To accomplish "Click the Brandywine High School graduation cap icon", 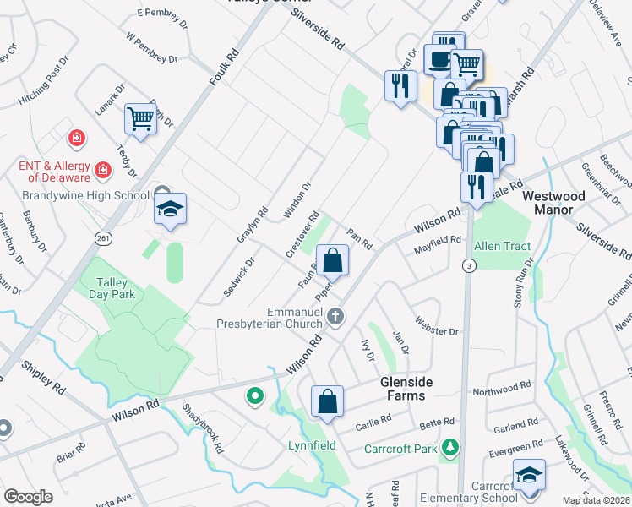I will pyautogui.click(x=170, y=208).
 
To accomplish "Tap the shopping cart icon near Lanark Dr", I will pyautogui.click(x=140, y=118).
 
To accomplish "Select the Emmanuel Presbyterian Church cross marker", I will pyautogui.click(x=335, y=317).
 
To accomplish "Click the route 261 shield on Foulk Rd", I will pyautogui.click(x=103, y=239).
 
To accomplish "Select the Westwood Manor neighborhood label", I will pyautogui.click(x=554, y=203).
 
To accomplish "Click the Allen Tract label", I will pyautogui.click(x=502, y=246).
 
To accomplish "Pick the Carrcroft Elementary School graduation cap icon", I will pyautogui.click(x=529, y=476).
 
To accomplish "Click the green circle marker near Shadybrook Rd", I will pyautogui.click(x=253, y=395).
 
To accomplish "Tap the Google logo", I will pyautogui.click(x=29, y=497).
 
